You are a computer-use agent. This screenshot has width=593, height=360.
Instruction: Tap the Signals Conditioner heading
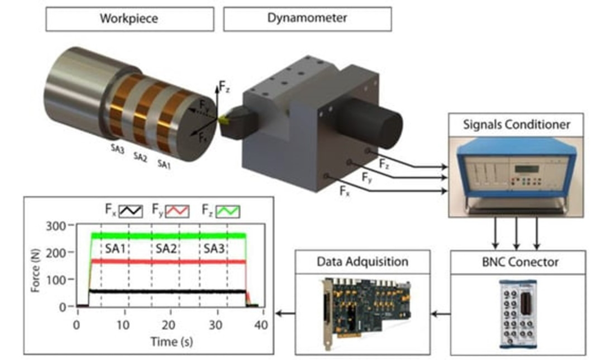tap(516, 124)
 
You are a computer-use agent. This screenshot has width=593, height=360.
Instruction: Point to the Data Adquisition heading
tap(363, 262)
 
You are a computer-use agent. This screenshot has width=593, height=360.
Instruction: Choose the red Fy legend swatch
tap(177, 211)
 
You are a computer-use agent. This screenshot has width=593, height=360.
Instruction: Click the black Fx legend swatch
tap(130, 211)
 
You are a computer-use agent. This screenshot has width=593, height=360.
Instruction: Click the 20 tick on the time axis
tap(170, 324)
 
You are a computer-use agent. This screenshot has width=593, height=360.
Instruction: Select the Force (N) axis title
tap(36, 267)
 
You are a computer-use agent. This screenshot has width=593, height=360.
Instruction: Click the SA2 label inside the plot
tap(166, 248)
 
